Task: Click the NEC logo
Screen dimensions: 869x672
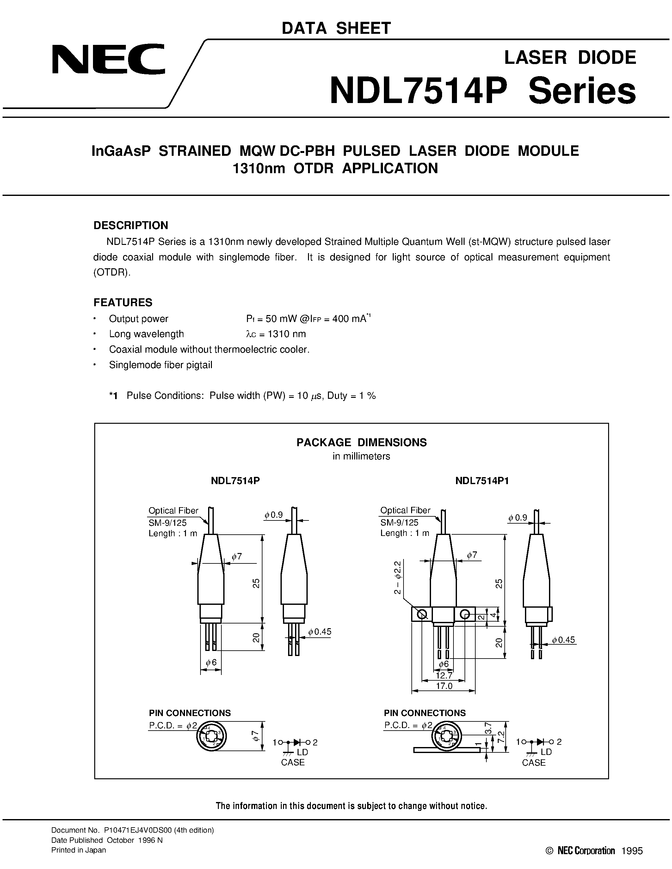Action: pos(108,60)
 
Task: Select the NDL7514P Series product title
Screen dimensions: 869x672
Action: pos(483,92)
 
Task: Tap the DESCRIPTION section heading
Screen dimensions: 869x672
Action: pos(131,225)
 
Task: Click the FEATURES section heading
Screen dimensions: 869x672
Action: pos(123,302)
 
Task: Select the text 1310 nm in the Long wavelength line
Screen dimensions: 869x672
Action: pos(287,334)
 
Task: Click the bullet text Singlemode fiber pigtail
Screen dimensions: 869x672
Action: pos(160,365)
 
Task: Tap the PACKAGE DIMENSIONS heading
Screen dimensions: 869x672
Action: pos(361,442)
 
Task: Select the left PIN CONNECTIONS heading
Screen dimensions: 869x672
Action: pos(190,713)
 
